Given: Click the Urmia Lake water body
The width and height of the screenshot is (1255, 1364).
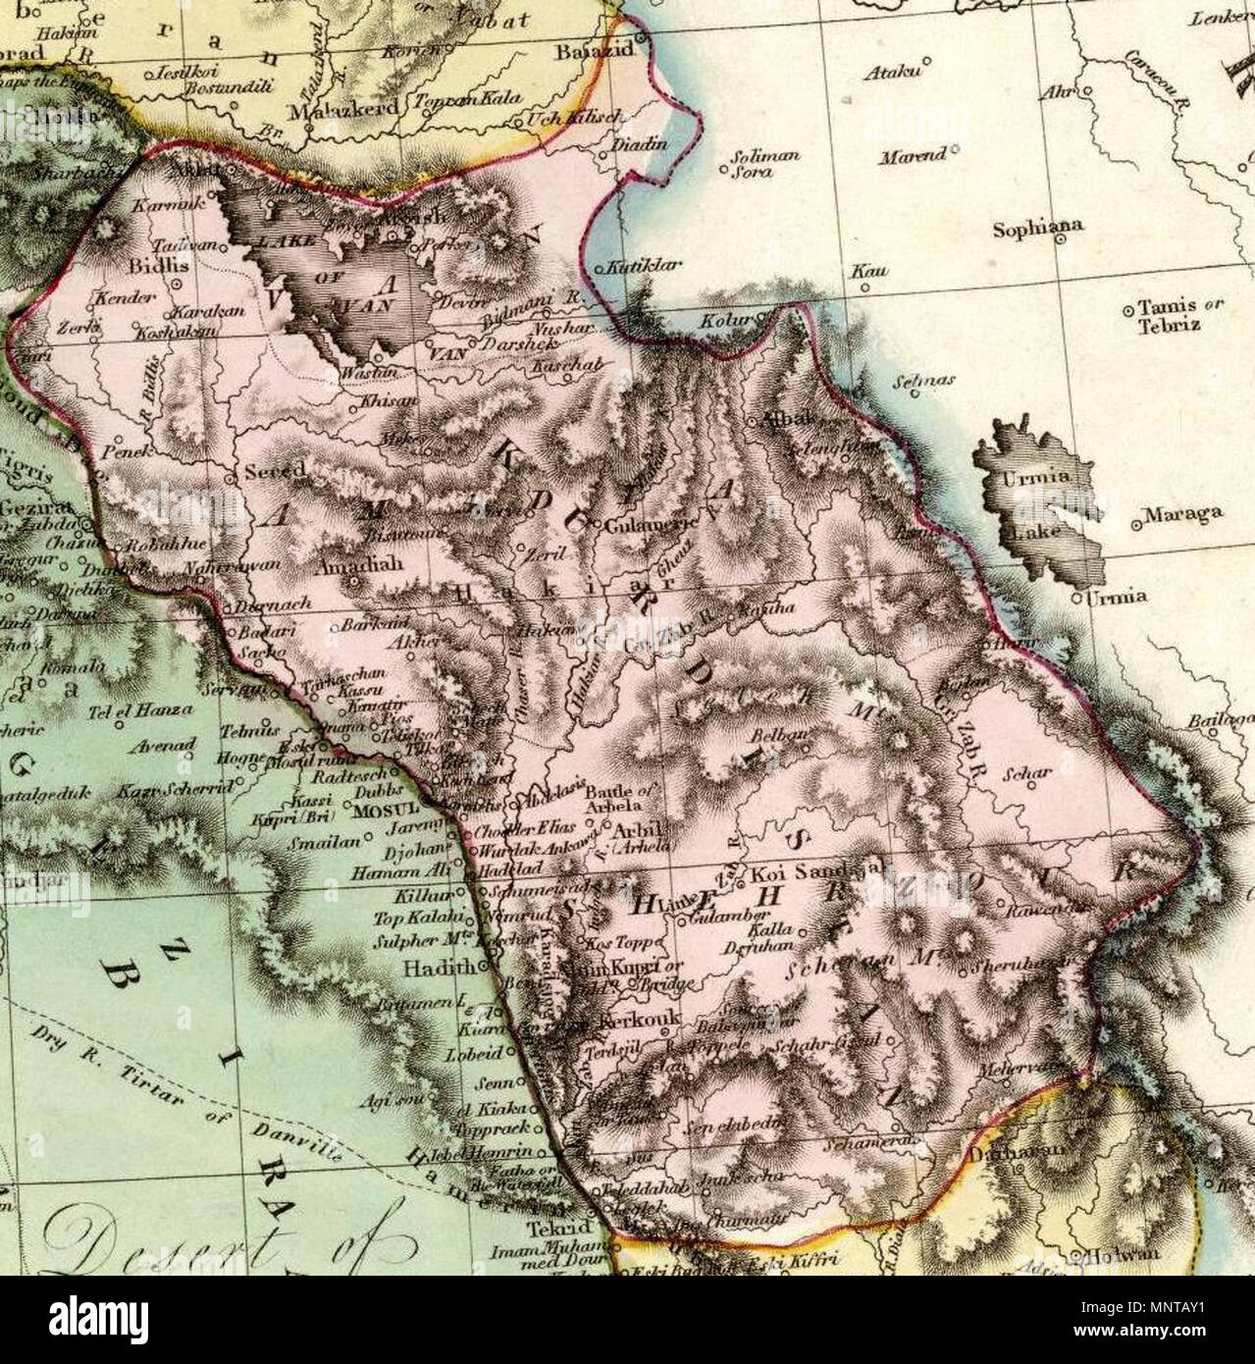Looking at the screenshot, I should coord(1030,500).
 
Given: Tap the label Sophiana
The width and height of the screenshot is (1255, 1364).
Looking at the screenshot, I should coord(1038,228).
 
